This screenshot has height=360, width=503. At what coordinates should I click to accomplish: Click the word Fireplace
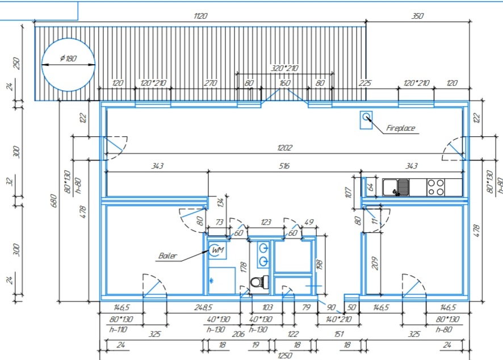[x=401, y=128]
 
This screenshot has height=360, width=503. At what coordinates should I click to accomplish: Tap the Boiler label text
[x=167, y=256]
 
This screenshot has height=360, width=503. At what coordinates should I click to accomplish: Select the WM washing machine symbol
[x=217, y=250]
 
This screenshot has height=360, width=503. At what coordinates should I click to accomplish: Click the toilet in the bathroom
[x=259, y=282]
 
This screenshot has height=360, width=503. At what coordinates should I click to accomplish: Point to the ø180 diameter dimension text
[x=68, y=58]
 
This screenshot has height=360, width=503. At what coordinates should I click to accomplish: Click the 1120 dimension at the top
[x=200, y=16]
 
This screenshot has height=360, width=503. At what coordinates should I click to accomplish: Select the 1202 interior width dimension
[x=284, y=148]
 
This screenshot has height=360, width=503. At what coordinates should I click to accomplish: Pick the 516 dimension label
[x=284, y=166]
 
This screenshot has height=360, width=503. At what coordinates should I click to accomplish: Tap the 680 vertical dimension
[x=54, y=201]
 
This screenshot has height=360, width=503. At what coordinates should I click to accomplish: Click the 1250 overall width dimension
[x=285, y=355]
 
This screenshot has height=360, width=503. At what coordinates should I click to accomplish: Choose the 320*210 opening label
[x=284, y=68]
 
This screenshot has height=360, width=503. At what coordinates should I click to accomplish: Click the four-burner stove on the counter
[x=436, y=187]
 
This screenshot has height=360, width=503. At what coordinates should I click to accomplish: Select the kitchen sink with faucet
[x=396, y=187]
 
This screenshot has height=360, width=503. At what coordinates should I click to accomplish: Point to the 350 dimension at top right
[x=417, y=16]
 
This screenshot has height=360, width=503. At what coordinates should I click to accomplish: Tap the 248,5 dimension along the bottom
[x=203, y=307]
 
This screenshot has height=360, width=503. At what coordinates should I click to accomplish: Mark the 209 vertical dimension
[x=375, y=263]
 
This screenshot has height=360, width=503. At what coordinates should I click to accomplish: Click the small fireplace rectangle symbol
[x=366, y=120]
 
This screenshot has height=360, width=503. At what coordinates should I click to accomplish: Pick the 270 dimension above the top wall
[x=211, y=83]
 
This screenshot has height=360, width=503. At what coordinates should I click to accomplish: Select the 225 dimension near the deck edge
[x=364, y=83]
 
